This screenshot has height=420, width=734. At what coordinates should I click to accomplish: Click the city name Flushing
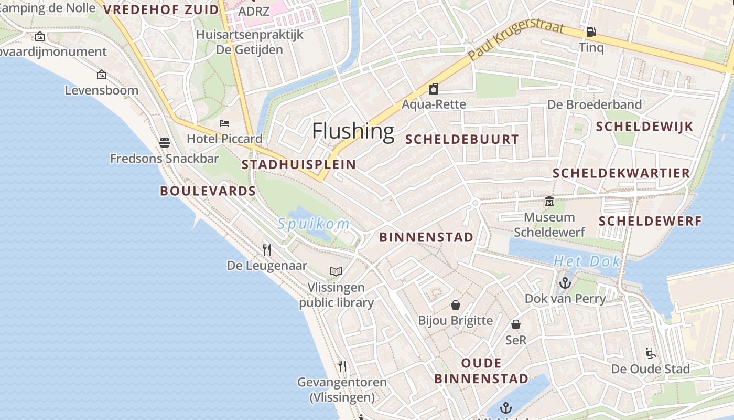[353, 131]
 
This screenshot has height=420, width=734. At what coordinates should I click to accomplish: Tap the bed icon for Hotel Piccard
[224, 123]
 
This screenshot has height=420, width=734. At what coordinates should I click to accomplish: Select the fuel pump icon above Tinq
[591, 32]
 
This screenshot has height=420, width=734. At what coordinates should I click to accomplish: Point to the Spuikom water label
[314, 224]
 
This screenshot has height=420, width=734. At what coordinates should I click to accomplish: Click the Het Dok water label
[587, 261]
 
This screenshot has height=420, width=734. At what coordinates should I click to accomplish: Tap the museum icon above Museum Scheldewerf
[549, 201]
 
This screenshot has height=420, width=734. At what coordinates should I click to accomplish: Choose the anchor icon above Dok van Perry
[565, 283]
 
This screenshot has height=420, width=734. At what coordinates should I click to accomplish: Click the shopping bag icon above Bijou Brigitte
[456, 305]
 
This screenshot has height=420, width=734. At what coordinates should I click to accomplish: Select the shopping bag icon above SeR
[516, 324]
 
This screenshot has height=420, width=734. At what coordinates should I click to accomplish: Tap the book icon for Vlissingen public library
[336, 271]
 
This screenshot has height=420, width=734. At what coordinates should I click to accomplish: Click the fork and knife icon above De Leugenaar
[267, 249]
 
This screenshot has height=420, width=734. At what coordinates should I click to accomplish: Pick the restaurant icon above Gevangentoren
[342, 366]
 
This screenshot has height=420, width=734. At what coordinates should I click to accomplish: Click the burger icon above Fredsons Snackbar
[165, 142]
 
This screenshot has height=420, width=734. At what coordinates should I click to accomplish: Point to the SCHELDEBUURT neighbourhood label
[462, 140]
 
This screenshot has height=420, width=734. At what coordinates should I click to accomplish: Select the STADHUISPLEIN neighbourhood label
[298, 164]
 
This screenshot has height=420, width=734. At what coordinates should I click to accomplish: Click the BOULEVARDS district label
[208, 191]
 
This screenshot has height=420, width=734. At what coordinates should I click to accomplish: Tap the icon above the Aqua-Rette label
[434, 89]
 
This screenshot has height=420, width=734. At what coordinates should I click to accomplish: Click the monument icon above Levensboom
[102, 75]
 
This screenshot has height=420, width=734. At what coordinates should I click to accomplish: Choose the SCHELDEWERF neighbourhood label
[650, 221]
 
